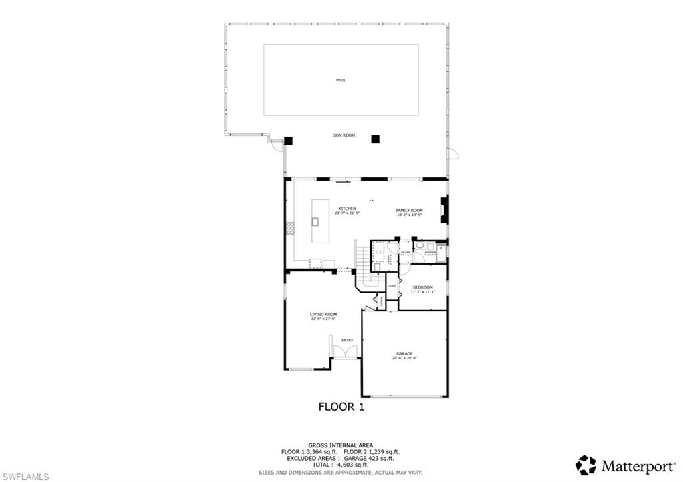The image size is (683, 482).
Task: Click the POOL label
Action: tap(341, 80)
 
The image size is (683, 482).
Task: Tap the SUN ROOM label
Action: tap(344, 135)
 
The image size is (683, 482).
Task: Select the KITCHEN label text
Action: tap(347, 209)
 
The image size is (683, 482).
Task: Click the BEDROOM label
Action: tap(422, 287)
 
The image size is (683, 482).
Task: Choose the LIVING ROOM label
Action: tap(323, 314)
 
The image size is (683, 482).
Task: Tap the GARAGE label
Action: tap(404, 353)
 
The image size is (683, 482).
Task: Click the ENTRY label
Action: tap(347, 340)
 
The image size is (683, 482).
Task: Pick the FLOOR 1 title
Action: tap(341, 406)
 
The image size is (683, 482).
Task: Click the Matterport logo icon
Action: tap(586, 465)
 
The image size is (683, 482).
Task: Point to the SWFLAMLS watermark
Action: tap(25, 476)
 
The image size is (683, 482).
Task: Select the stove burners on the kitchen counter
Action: tap(290, 229)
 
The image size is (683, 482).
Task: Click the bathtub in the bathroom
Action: tap(441, 253)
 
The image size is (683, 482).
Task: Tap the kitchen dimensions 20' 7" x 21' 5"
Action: tap(347, 214)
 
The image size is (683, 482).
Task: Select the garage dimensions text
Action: tap(404, 359)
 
